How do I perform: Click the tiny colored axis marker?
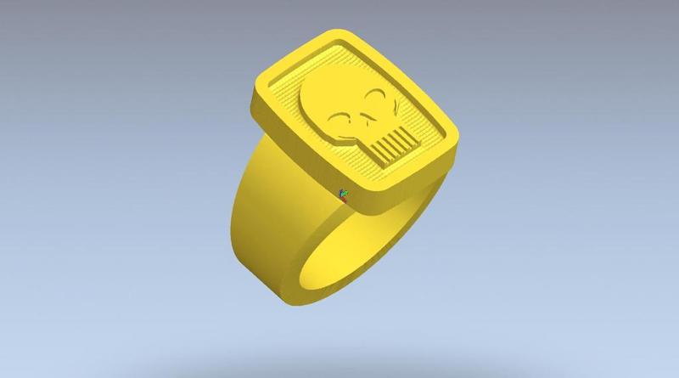click(x=343, y=195)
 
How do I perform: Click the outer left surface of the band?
click(x=255, y=221)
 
